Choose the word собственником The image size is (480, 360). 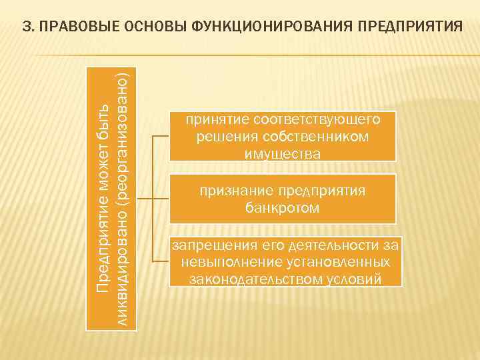click(x=323, y=137)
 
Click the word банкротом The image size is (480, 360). click(x=282, y=209)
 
